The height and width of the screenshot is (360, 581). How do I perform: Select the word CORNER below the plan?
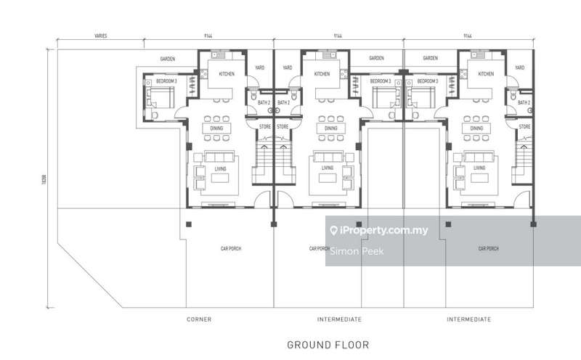tap(198, 319)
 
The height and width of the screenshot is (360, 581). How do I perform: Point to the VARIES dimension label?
tap(101, 36)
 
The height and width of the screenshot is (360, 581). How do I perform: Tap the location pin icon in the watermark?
tap(333, 232)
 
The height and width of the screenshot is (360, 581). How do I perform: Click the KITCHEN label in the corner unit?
tap(221, 74)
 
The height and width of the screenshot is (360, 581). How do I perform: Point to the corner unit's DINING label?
tap(216, 128)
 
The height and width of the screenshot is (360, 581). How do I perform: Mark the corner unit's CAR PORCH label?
tap(231, 249)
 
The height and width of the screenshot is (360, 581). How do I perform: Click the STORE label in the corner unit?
tap(263, 126)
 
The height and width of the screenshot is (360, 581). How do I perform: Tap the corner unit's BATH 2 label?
tap(263, 103)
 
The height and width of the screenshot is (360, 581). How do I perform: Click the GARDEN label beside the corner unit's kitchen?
tap(169, 59)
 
